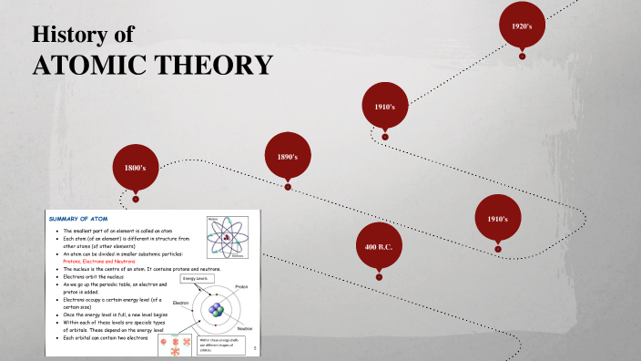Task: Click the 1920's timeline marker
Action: coord(522,26)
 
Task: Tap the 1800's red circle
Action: coord(136,168)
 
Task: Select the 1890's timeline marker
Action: coord(288,157)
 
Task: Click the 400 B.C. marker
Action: coord(379,247)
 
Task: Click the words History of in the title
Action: coord(83,35)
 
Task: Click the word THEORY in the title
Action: coord(219,66)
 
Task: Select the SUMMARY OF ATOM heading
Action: coord(87,219)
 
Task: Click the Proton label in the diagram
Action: coord(241,286)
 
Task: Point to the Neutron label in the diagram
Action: coord(244,327)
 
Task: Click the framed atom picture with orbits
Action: coord(228,237)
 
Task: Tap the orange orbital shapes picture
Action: coord(175,346)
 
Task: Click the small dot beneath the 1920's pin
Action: coord(522,57)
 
